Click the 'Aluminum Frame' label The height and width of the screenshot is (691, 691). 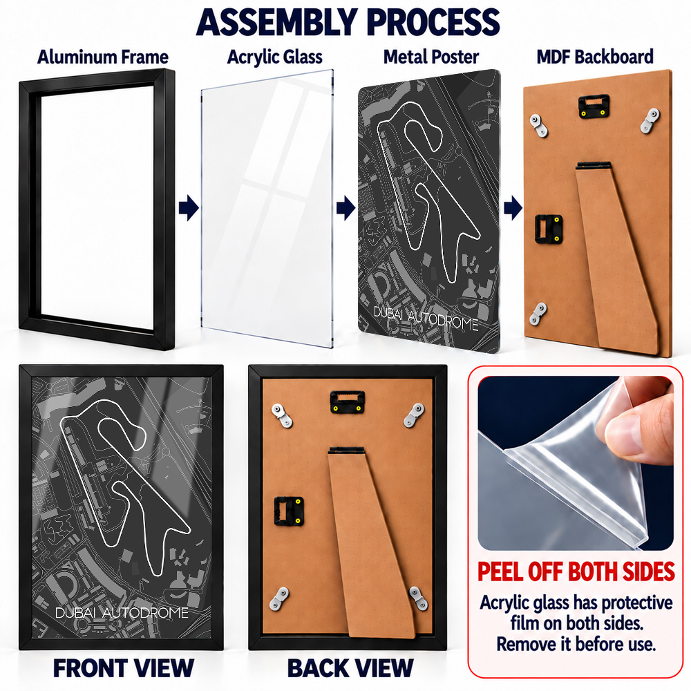point(103,57)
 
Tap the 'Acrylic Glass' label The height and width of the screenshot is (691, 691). point(274,57)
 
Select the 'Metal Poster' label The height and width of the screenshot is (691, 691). point(431,57)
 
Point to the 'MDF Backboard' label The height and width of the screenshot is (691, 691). point(595,57)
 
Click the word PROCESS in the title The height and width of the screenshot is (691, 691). point(433,22)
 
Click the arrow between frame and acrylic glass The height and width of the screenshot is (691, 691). point(189,207)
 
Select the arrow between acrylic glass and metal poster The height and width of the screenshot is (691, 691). point(346,207)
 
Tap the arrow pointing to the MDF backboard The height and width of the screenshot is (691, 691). point(513,207)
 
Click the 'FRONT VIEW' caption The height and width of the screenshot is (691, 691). point(124,668)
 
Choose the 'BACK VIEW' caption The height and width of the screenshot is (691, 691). point(350,668)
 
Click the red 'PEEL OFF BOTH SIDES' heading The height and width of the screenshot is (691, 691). point(576,571)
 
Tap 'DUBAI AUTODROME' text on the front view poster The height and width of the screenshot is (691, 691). point(122,612)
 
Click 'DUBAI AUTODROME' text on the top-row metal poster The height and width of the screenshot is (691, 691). point(426,318)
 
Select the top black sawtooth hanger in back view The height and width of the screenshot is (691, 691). point(348,402)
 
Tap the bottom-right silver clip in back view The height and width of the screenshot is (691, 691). point(418,598)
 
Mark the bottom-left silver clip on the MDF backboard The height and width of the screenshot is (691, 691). point(538,313)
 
